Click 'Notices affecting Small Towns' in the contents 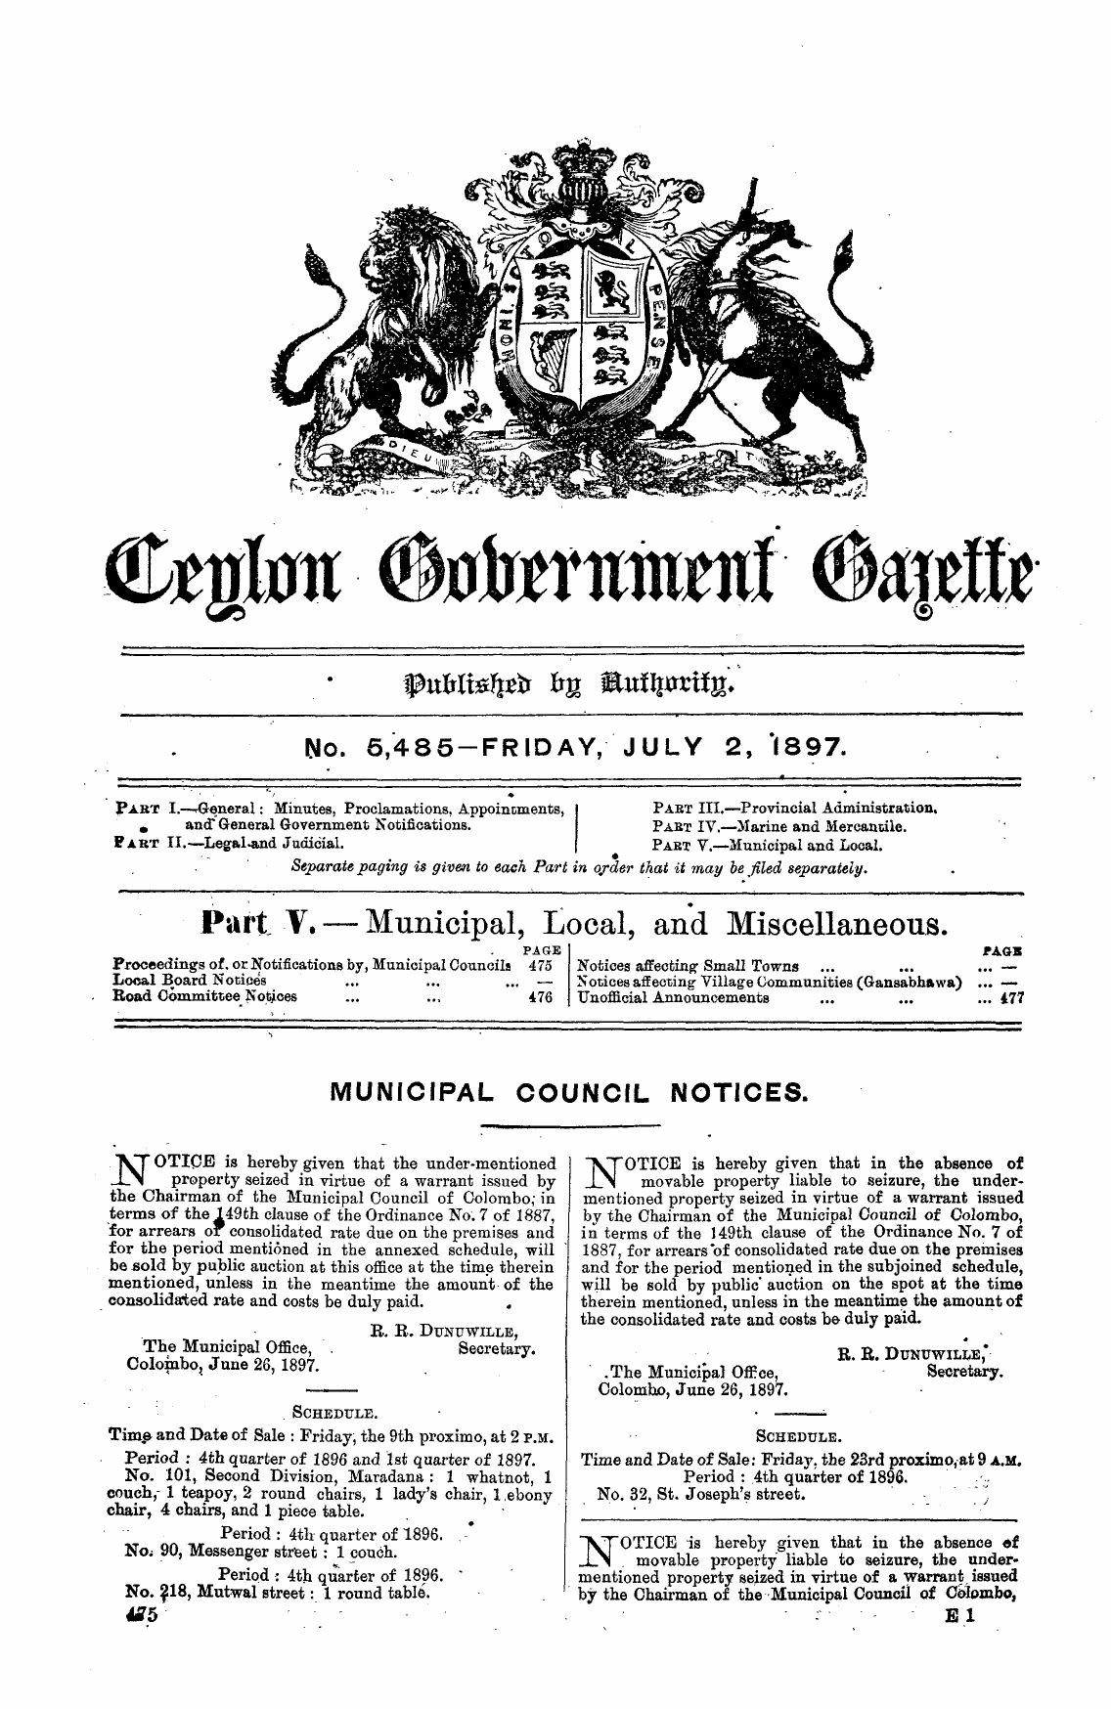tap(689, 966)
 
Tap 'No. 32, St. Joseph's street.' tap(701, 1495)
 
